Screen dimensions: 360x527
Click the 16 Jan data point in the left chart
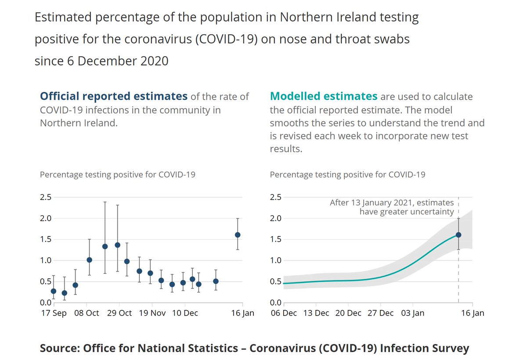pos(238,235)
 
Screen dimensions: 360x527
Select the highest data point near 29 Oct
pos(117,245)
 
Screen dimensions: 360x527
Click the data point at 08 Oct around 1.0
pos(89,260)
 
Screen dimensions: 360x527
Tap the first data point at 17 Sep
pos(54,291)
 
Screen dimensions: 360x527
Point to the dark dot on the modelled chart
pos(458,235)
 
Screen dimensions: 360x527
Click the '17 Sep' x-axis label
pos(54,313)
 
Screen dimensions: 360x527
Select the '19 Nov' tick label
pos(152,313)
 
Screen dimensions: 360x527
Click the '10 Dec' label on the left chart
pos(185,313)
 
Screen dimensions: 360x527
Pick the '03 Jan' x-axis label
pos(412,313)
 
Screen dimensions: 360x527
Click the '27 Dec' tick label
pos(380,313)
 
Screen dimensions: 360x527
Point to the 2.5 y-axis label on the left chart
pos(46,197)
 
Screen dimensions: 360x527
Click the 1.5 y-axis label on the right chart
pos(275,239)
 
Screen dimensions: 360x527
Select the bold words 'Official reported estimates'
pos(114,96)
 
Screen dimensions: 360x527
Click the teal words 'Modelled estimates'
pos(324,96)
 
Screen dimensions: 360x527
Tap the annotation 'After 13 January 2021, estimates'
pos(392,203)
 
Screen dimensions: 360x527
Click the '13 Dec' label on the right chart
pos(316,313)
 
